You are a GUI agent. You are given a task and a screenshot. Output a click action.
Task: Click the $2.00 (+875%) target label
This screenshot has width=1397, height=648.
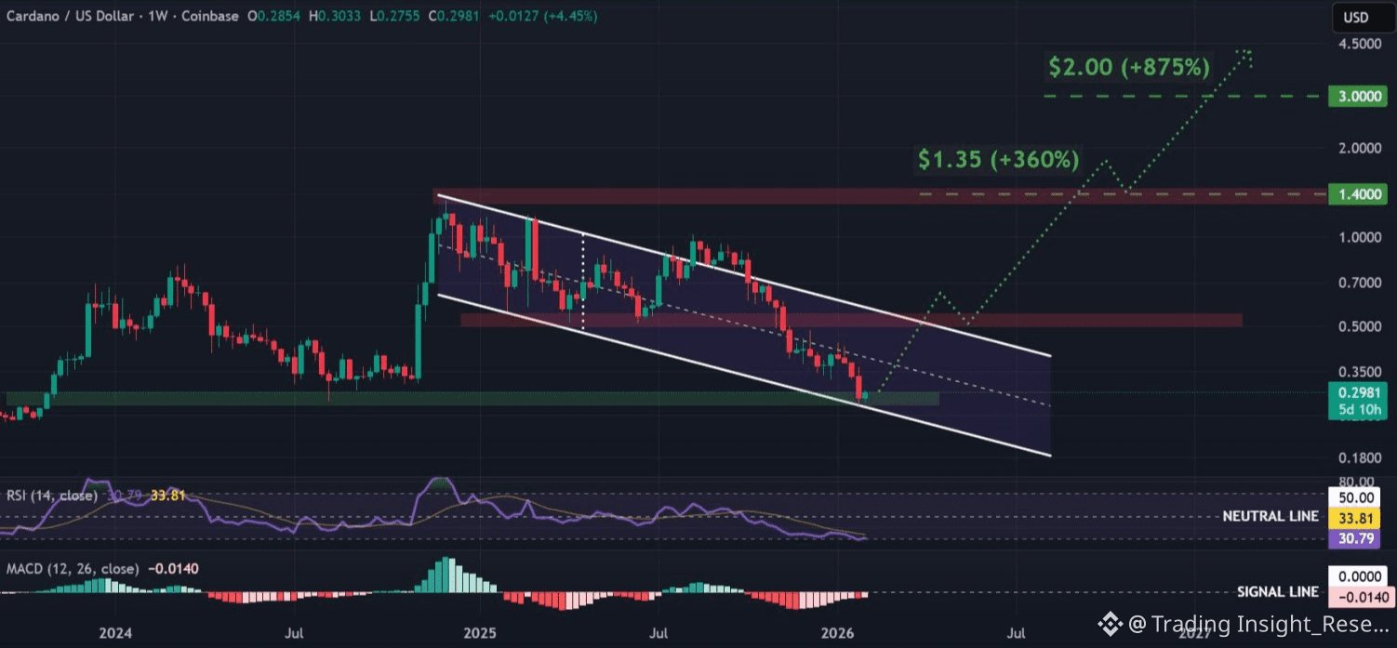click(x=1129, y=67)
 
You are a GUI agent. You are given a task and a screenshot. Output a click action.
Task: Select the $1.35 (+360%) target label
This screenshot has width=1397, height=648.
click(x=998, y=160)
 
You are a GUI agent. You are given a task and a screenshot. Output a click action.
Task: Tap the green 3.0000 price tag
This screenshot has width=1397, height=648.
click(x=1352, y=96)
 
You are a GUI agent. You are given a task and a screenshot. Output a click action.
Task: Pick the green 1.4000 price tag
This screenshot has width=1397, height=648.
click(x=1352, y=194)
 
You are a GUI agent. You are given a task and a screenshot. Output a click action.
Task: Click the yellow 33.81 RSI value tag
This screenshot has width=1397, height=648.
click(x=1352, y=518)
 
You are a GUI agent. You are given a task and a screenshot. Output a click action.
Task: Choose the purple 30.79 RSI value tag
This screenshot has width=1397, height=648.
click(x=1352, y=537)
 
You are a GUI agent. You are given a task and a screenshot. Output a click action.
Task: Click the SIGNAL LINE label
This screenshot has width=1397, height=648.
click(x=1277, y=592)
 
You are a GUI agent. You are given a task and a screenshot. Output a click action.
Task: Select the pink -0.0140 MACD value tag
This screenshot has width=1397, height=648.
click(x=1352, y=597)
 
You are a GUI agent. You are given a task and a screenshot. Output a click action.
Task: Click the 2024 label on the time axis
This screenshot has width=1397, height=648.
click(x=115, y=634)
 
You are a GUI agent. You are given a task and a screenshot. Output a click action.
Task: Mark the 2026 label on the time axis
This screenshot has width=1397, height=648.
click(x=839, y=634)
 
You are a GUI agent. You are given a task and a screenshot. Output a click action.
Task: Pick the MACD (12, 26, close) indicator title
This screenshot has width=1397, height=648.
click(x=73, y=569)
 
